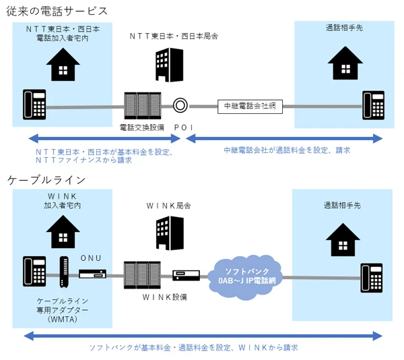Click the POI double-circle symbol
coord(180,105)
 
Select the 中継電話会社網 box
coord(250,107)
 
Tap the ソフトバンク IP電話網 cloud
coord(245,277)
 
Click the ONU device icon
coord(92,274)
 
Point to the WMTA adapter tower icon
coord(64,272)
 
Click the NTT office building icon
coord(169,65)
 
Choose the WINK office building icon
coord(170,233)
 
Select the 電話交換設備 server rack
coord(143,105)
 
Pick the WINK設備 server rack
coord(142,275)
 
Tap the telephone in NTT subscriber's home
coord(34,104)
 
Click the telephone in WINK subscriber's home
coord(34,271)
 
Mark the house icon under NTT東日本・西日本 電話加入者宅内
coord(63,65)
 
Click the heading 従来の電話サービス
coord(57,11)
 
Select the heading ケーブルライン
coord(46,180)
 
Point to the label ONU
coord(91,258)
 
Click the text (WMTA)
coord(63,320)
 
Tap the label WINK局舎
coord(169,206)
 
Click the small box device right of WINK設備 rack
coord(186,275)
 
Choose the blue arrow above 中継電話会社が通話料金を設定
coord(284,138)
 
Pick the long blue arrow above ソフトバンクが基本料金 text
coord(203,336)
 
